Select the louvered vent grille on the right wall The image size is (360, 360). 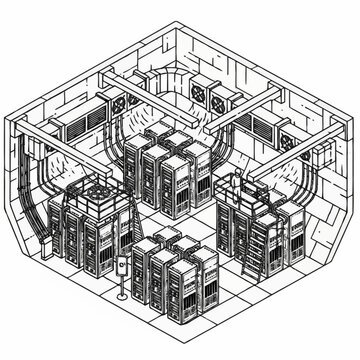[269, 126]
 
